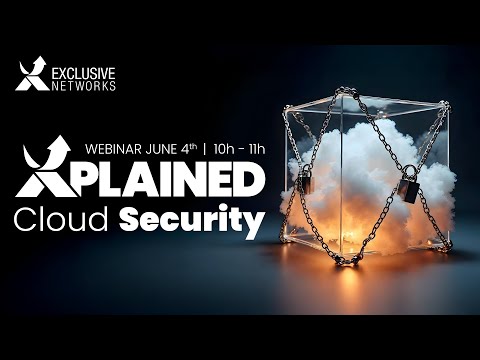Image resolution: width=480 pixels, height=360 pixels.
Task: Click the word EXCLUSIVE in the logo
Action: (84, 73)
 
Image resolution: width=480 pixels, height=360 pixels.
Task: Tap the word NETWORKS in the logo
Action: (84, 86)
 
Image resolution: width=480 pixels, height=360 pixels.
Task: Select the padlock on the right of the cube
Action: (407, 186)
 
